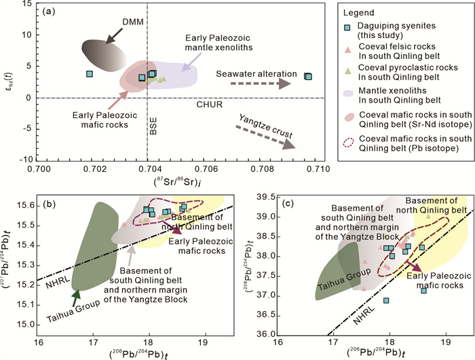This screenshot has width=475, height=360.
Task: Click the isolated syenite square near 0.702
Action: pos(89,73)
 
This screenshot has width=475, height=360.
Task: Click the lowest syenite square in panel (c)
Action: pos(386,300)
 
